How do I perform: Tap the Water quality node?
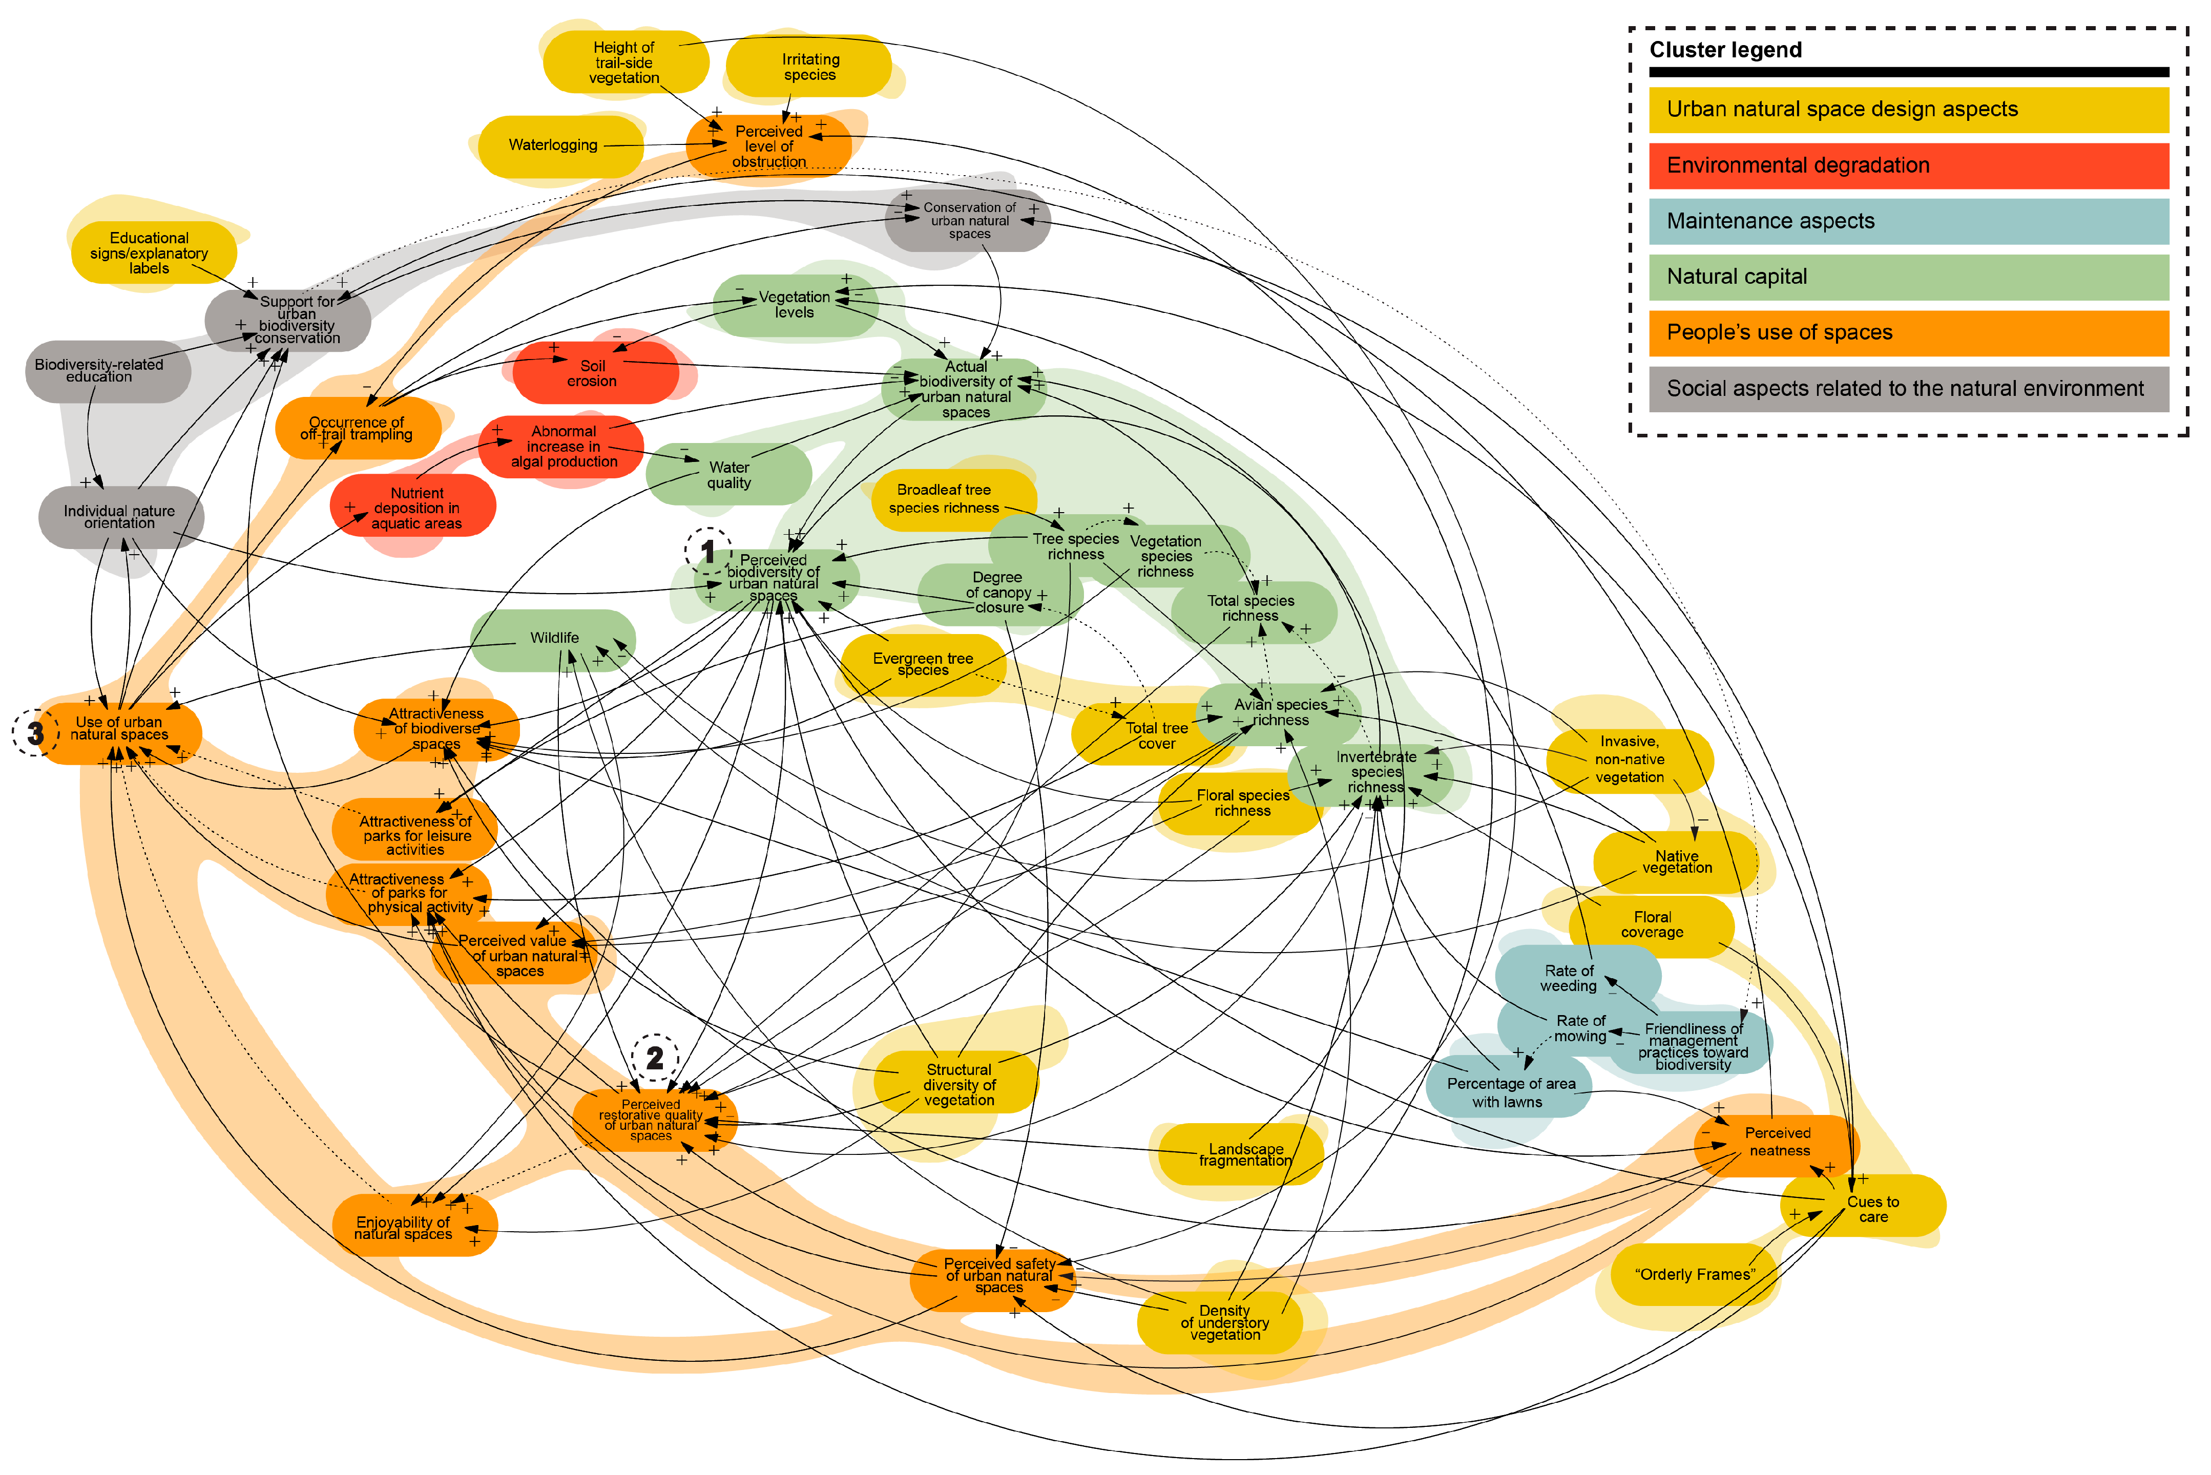pos(728,474)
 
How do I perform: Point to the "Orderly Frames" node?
pos(1694,1275)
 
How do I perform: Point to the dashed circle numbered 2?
pos(655,1058)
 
